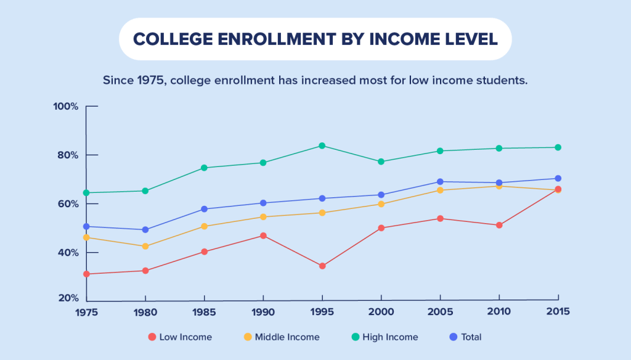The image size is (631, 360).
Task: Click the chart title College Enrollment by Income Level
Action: pos(315,39)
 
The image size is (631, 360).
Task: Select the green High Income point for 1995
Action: pos(322,145)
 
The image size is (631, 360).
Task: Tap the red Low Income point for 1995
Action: pos(322,266)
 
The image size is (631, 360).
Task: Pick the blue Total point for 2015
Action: pos(558,179)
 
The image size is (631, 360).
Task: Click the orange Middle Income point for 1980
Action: pos(145,247)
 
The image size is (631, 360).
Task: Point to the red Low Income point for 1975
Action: pos(86,274)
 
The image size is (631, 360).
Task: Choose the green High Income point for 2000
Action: pos(381,162)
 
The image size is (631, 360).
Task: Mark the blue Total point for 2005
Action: pos(440,182)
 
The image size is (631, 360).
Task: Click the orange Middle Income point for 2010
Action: pos(499,186)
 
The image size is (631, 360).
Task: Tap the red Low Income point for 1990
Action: pos(263,235)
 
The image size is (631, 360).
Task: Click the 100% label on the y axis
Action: pos(65,107)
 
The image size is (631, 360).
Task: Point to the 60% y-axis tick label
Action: pos(68,204)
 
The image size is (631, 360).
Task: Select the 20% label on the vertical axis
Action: pos(68,298)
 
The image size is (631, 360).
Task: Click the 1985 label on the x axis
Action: pos(204,311)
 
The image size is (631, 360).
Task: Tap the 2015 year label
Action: pos(558,311)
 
